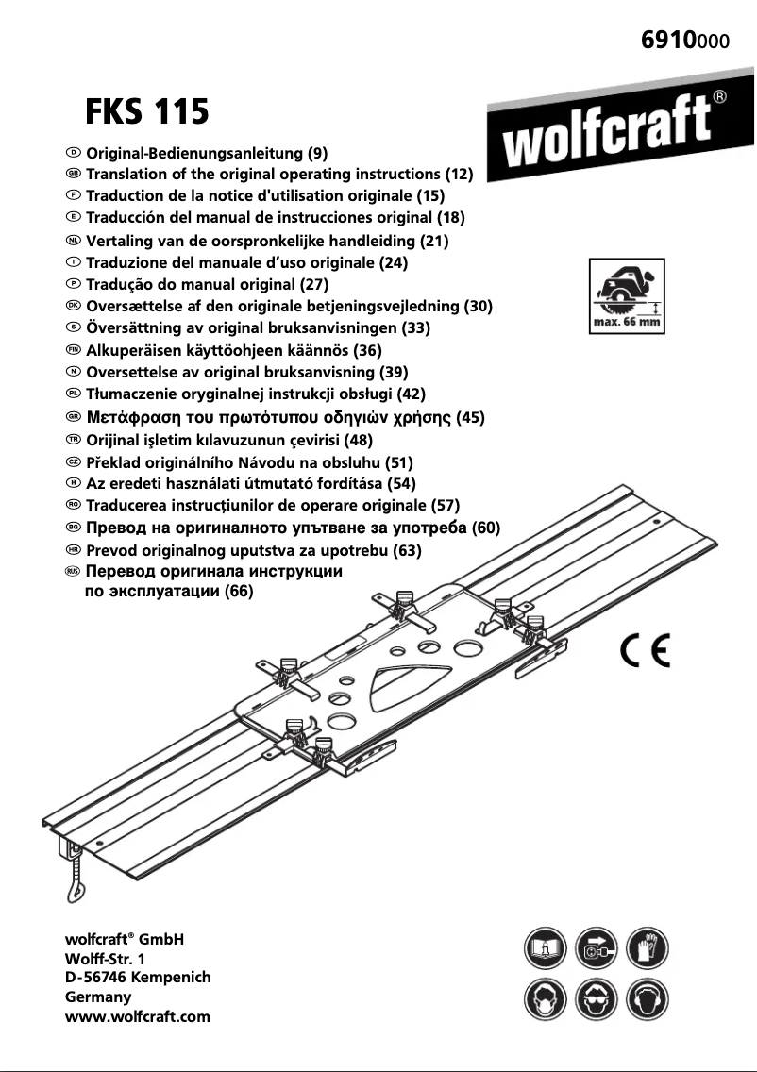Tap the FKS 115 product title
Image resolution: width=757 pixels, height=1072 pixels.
[147, 112]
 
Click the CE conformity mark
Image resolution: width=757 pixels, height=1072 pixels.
[646, 652]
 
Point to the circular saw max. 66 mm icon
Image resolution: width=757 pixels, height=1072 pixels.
[624, 293]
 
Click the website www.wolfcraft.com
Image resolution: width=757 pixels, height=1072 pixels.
[137, 1016]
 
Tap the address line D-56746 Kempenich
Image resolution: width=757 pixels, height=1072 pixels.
[137, 978]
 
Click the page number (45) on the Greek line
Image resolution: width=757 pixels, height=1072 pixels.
[470, 417]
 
